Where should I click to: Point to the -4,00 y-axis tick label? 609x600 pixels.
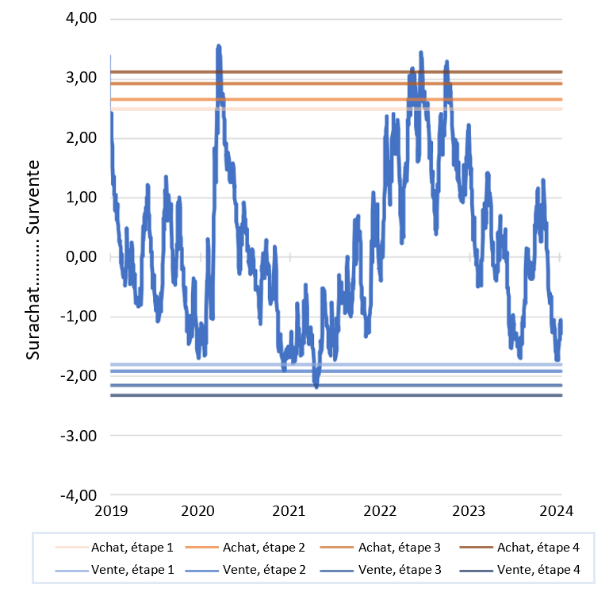pyautogui.click(x=77, y=494)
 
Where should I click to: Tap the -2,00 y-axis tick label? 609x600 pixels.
pyautogui.click(x=77, y=375)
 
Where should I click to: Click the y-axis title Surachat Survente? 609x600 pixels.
pyautogui.click(x=33, y=258)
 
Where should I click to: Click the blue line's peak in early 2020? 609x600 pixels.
pyautogui.click(x=218, y=47)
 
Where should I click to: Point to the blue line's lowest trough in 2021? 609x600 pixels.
pyautogui.click(x=316, y=387)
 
